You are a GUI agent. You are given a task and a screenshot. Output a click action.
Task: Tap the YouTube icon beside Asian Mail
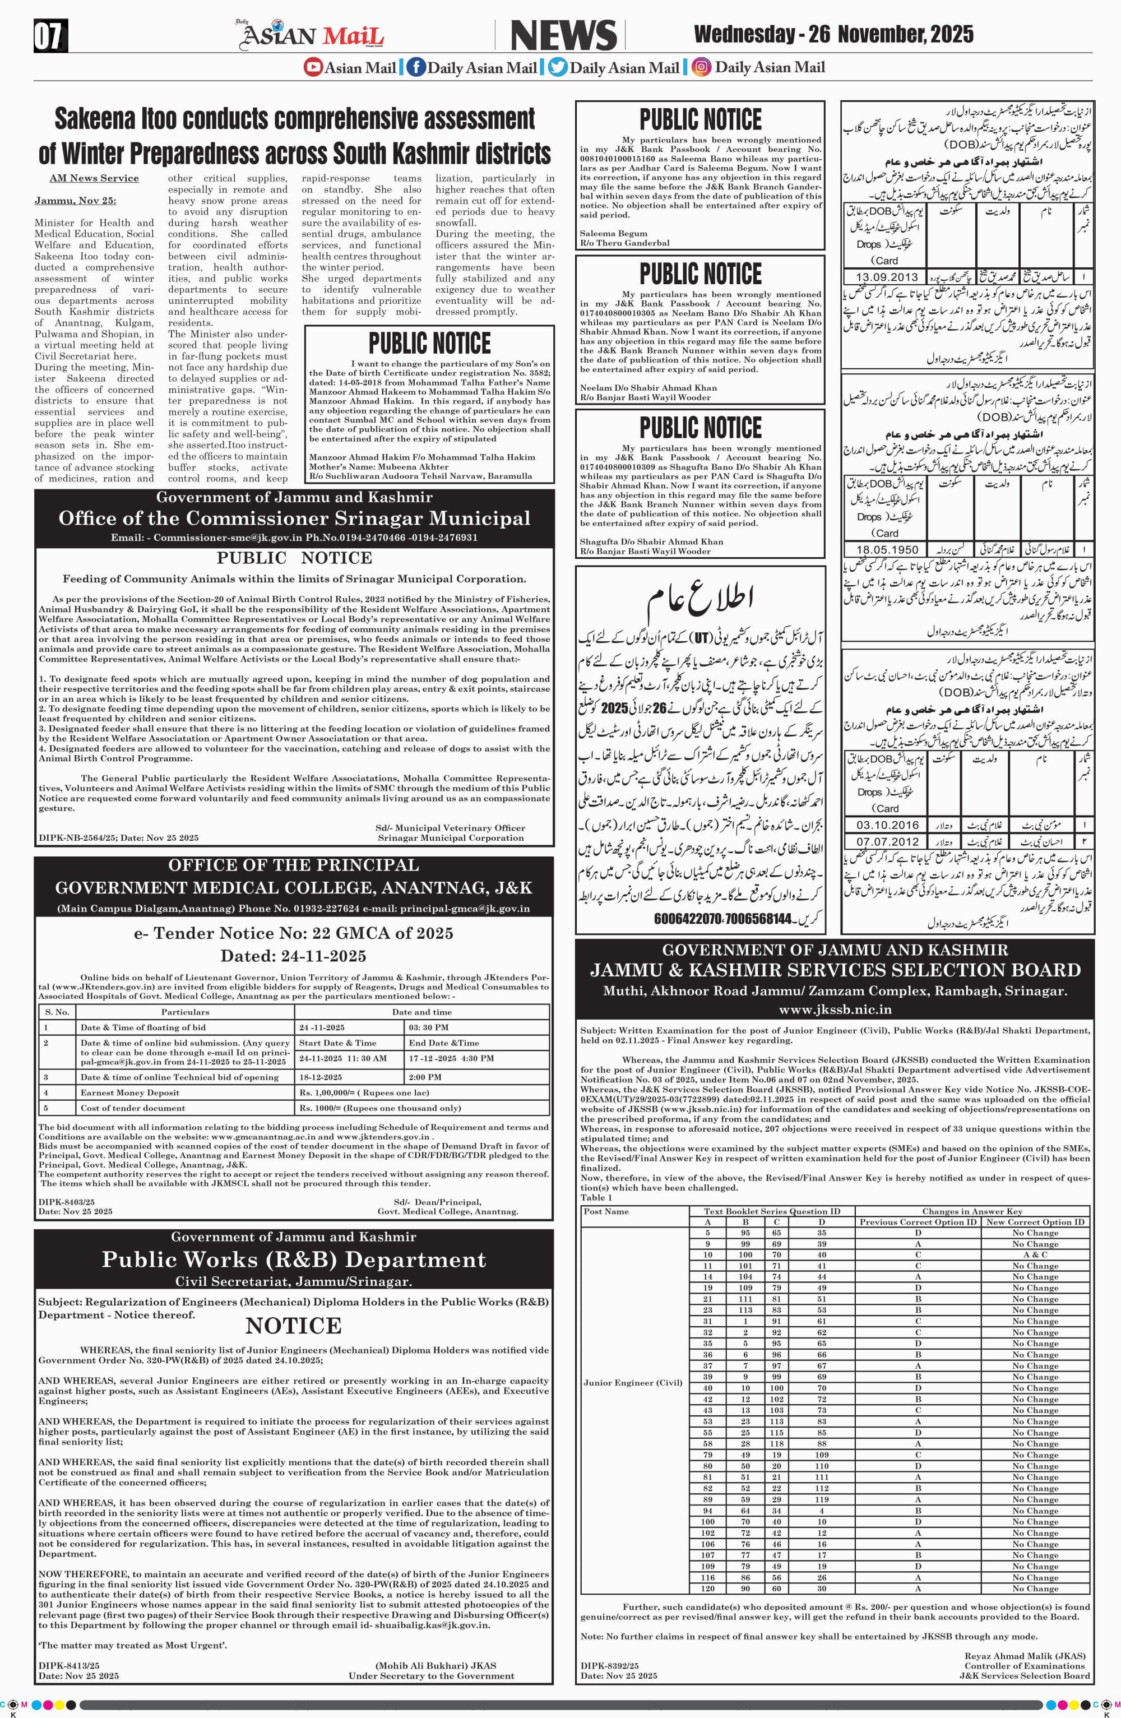tap(313, 68)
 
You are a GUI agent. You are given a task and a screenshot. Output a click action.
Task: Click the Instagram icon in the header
tap(700, 68)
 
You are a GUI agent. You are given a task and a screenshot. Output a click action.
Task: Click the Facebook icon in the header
tap(415, 68)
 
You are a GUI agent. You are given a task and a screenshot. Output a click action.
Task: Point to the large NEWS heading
tap(564, 35)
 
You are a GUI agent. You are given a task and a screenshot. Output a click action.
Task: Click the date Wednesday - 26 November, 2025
tap(833, 34)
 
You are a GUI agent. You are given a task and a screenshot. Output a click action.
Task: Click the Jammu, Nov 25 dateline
tap(75, 200)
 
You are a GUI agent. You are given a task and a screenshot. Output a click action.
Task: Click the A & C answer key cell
tap(1034, 1254)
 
